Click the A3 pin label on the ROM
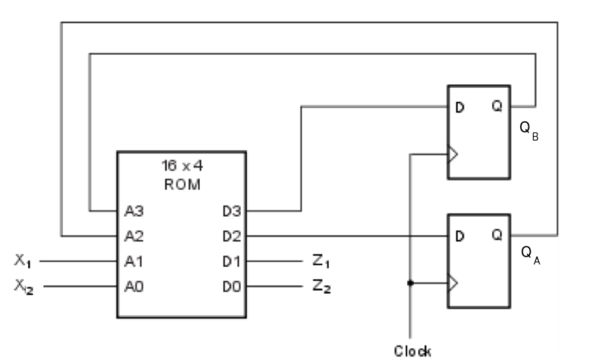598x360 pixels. pos(134,211)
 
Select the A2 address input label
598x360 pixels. pos(134,236)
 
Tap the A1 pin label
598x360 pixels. pos(134,261)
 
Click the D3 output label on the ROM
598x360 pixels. pos(231,211)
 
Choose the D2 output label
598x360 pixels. pos(231,236)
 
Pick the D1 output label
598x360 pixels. pos(231,261)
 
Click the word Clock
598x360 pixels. pos(412,351)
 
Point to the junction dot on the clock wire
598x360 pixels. pos(410,283)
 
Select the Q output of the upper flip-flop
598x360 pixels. pos(497,107)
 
